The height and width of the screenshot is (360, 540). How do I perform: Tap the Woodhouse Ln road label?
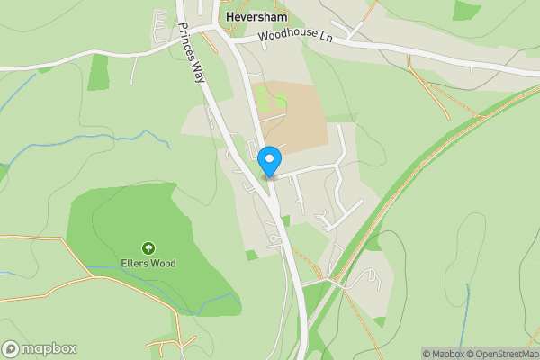294,37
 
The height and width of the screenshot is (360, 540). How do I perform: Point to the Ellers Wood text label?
148,264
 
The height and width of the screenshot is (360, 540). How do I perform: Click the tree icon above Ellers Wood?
148,248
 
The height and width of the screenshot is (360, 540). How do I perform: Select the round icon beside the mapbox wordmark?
11,348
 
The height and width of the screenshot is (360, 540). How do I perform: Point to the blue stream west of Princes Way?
108,144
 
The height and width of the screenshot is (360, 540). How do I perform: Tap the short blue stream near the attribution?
468,310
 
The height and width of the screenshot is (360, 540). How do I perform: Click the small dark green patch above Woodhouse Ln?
466,10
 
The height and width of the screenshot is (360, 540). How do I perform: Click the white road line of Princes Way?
216,117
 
